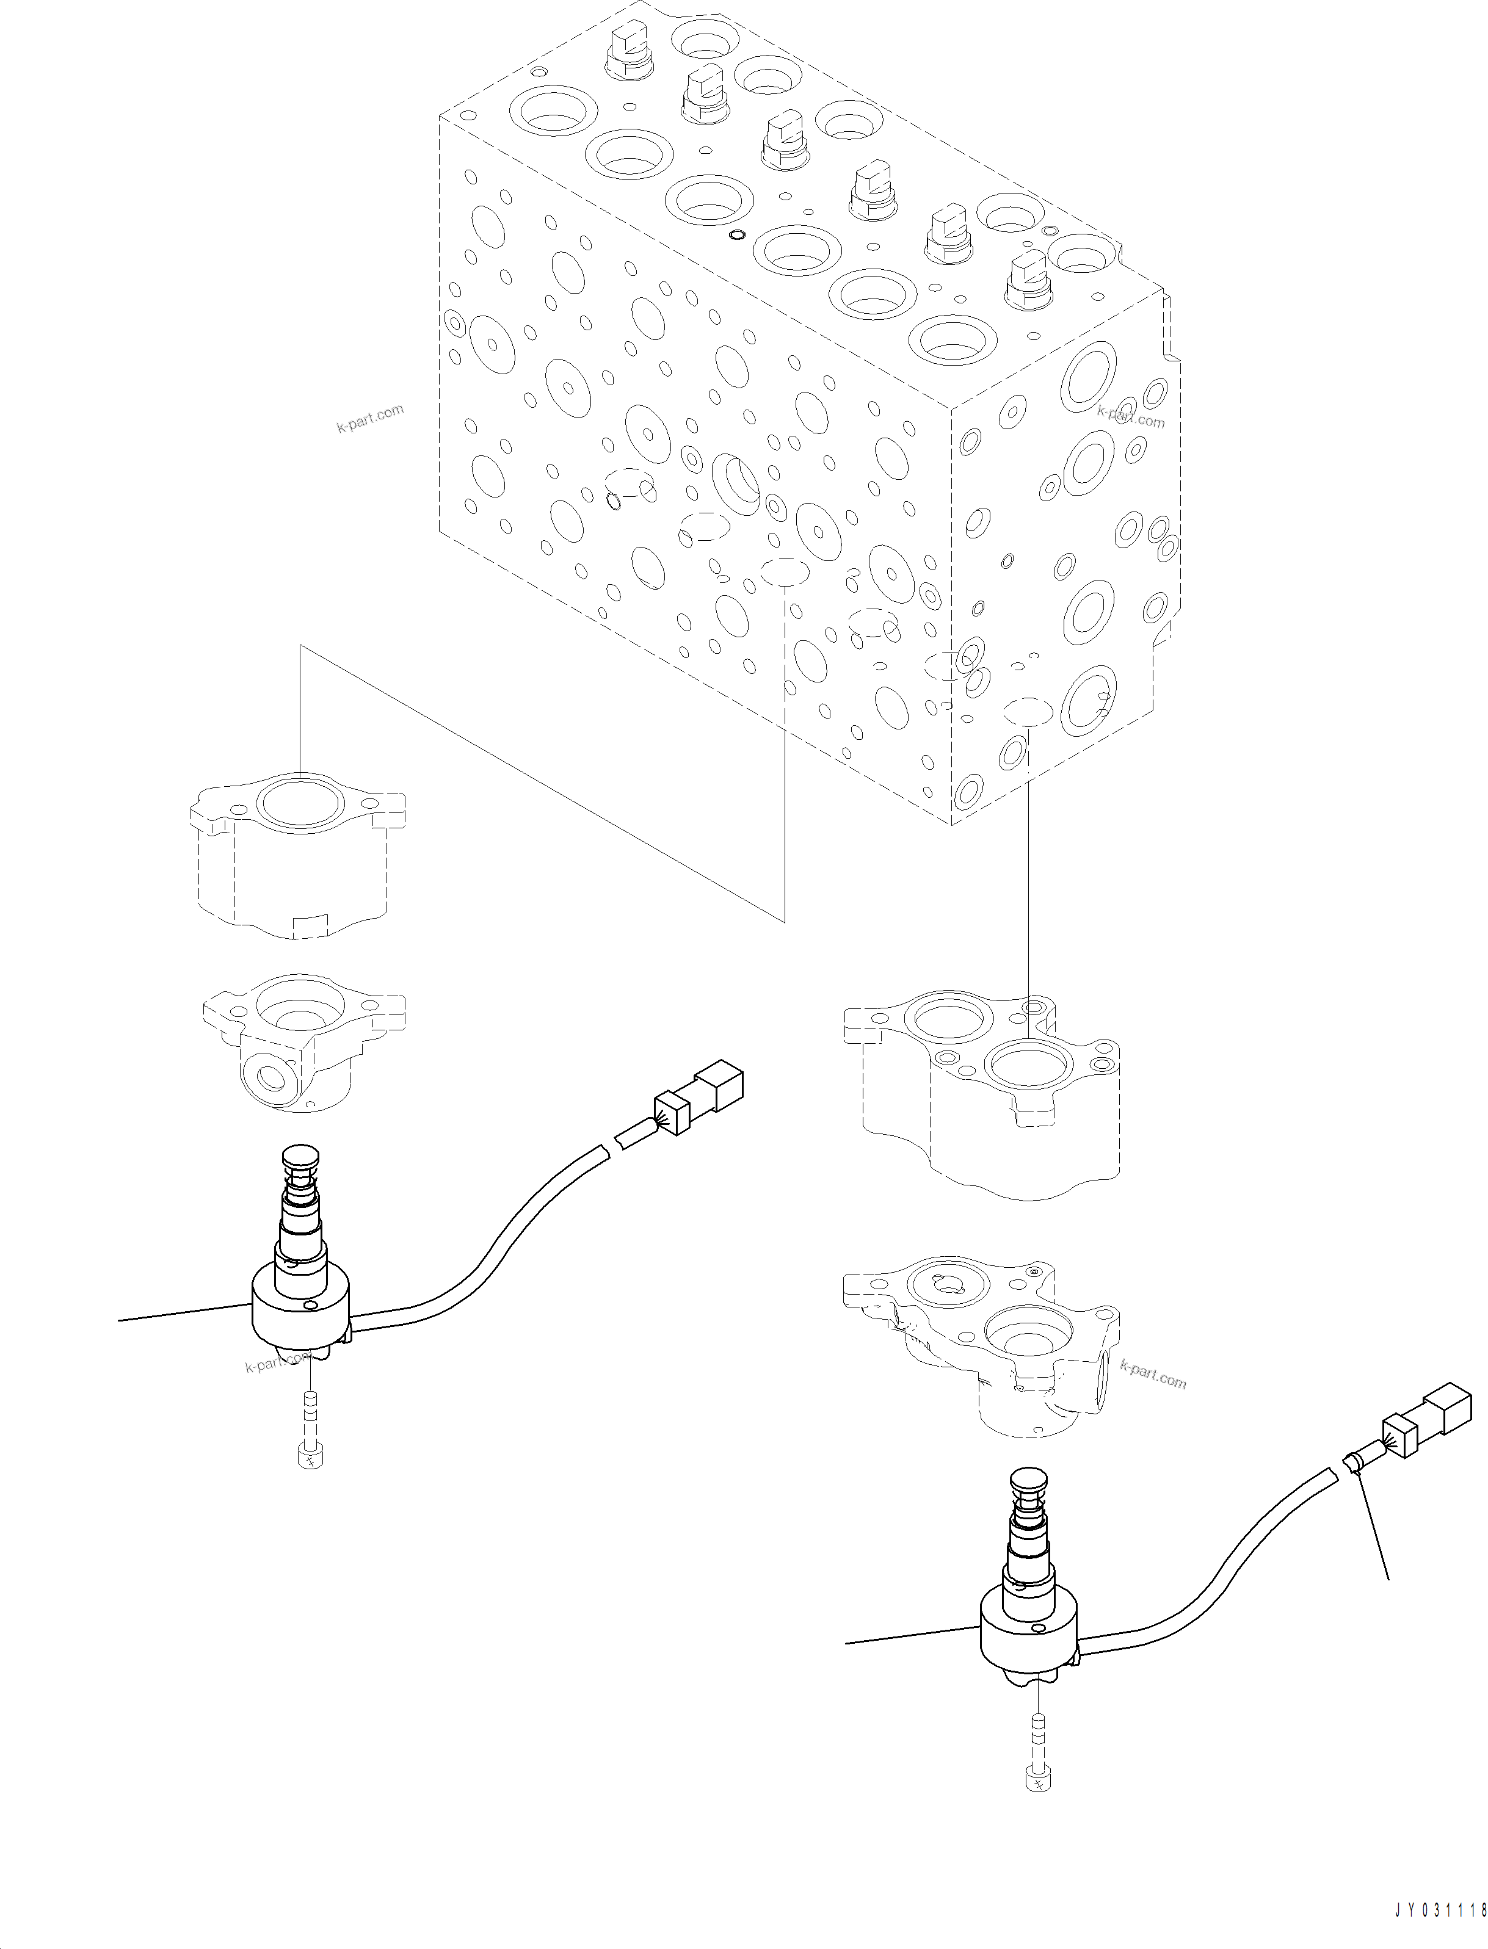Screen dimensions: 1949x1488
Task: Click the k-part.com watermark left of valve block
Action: point(369,418)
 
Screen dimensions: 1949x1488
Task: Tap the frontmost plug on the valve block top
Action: point(1028,284)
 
